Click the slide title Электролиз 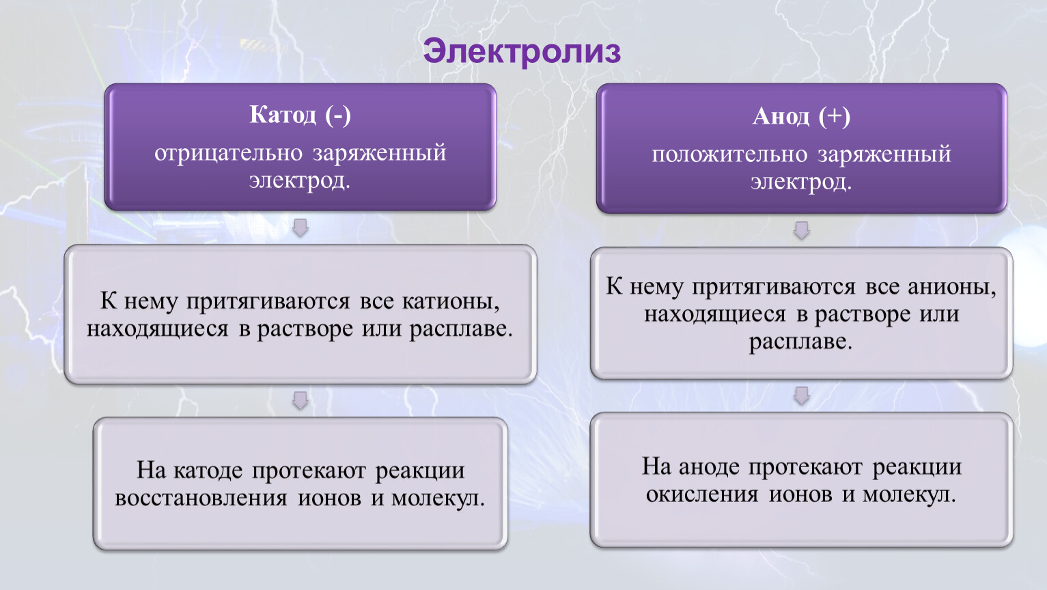[522, 51]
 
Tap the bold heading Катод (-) [300, 115]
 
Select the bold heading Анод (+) [801, 116]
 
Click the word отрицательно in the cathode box [229, 154]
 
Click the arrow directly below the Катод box [301, 227]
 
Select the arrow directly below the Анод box [802, 230]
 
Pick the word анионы [952, 287]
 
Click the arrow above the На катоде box [301, 400]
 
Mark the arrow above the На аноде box [802, 395]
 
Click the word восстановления [201, 498]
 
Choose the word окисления [702, 495]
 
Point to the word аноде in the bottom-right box [709, 467]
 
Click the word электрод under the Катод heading [300, 182]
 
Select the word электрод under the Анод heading [801, 183]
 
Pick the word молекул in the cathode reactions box [438, 498]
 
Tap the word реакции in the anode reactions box [917, 468]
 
